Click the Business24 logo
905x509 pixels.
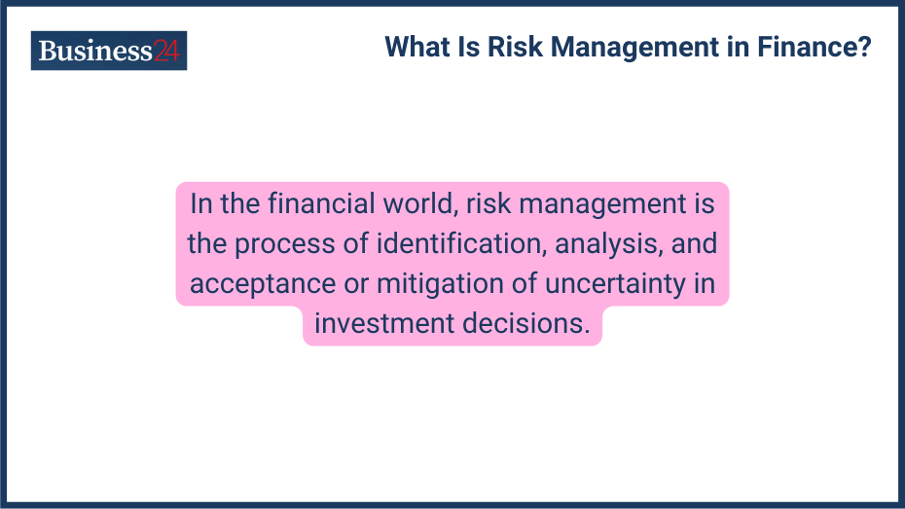coord(108,51)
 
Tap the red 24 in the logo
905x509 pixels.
coord(166,52)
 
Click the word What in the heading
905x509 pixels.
coord(416,47)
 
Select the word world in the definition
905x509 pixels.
coord(422,204)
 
